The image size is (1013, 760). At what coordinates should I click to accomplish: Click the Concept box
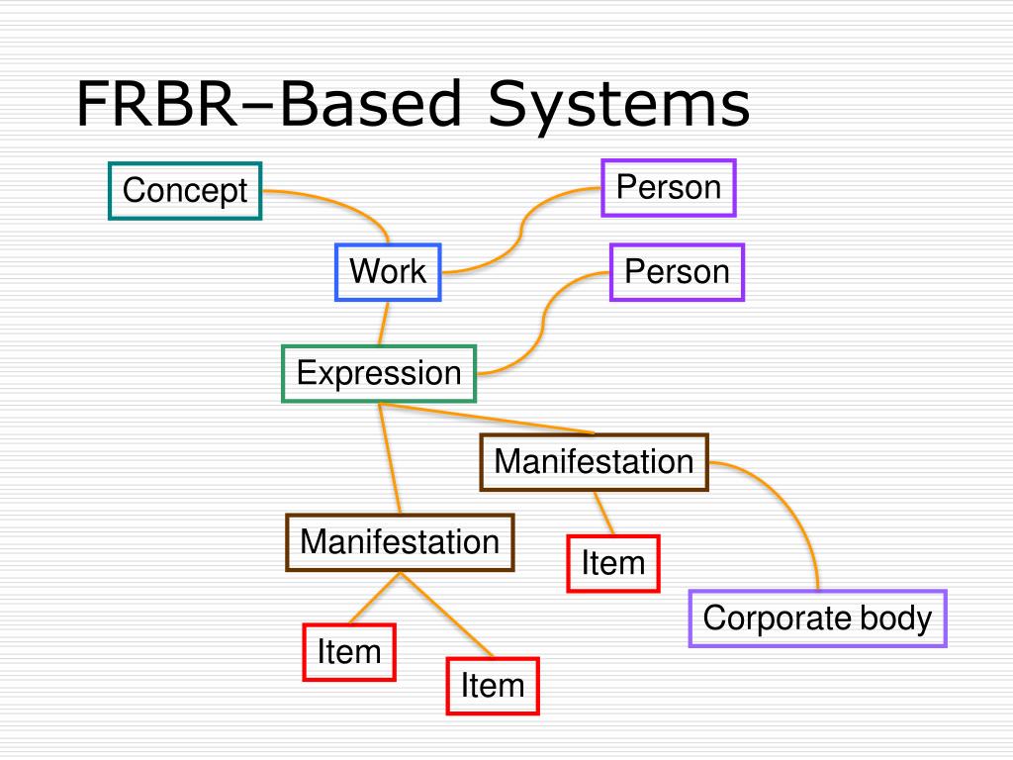point(185,190)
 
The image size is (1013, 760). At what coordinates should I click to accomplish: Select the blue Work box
point(388,271)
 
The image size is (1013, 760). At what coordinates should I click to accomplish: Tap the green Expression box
point(379,373)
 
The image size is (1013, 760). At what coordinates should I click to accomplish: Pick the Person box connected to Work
point(669,187)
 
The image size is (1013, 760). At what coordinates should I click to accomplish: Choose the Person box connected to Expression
point(677,272)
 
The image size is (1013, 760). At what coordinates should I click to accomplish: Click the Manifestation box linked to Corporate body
point(594,461)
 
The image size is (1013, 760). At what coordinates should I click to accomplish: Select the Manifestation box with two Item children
point(400,542)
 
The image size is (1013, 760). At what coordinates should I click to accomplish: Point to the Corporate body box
point(817,618)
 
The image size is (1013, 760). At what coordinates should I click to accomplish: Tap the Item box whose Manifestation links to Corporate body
point(612,563)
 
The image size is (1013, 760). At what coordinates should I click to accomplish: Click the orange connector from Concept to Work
point(341,204)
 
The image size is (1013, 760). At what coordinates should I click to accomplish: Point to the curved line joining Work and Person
point(518,236)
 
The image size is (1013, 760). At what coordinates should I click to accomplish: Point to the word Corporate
point(777,618)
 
